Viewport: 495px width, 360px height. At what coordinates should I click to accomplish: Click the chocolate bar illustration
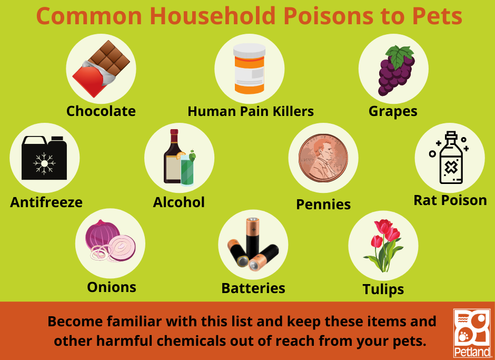(101, 69)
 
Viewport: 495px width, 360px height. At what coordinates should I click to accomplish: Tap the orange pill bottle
(250, 69)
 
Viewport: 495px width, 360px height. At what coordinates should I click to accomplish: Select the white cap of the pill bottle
(250, 51)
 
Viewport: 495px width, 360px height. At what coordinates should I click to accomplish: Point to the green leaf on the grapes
(400, 55)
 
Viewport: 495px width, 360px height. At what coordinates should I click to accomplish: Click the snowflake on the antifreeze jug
(45, 163)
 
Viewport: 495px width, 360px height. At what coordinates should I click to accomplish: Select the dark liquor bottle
(172, 157)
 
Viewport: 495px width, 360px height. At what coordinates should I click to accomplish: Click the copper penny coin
(323, 158)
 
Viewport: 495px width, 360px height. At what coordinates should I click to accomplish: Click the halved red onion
(121, 248)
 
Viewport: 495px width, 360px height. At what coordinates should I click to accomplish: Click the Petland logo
(472, 333)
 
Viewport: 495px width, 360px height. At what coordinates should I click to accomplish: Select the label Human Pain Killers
(251, 112)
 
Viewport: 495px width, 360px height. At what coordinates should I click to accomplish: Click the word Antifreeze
(46, 202)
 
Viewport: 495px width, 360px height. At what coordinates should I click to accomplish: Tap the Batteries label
(253, 288)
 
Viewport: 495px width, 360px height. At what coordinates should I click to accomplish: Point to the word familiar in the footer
(134, 322)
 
